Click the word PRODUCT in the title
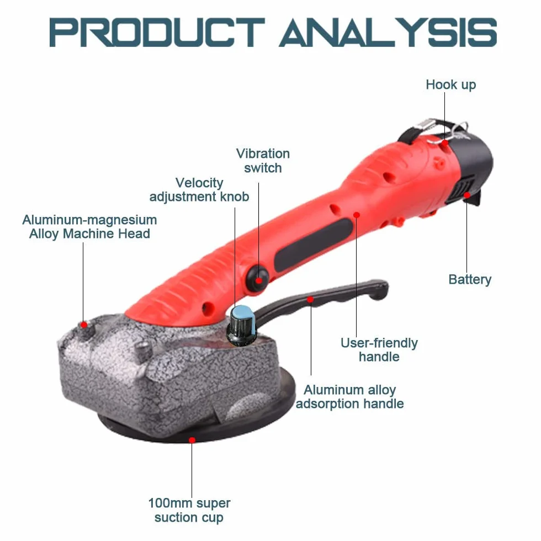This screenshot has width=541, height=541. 157,33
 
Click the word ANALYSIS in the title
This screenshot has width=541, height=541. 388,33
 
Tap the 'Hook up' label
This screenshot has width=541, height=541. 450,85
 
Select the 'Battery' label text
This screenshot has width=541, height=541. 470,279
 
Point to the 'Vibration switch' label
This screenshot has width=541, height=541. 263,161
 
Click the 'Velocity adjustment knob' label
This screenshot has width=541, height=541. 199,190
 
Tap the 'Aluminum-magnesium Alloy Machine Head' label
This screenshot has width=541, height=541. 89,227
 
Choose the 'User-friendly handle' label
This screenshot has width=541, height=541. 379,349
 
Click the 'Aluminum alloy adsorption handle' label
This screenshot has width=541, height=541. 349,397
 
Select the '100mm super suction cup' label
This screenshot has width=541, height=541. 189,510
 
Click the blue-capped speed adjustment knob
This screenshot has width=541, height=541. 242,325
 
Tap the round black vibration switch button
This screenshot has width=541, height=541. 257,277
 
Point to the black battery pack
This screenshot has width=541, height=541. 473,169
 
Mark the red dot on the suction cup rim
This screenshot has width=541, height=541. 192,440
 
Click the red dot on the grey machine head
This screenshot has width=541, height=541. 84,325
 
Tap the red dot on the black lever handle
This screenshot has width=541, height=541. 310,299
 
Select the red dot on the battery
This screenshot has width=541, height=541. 467,195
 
